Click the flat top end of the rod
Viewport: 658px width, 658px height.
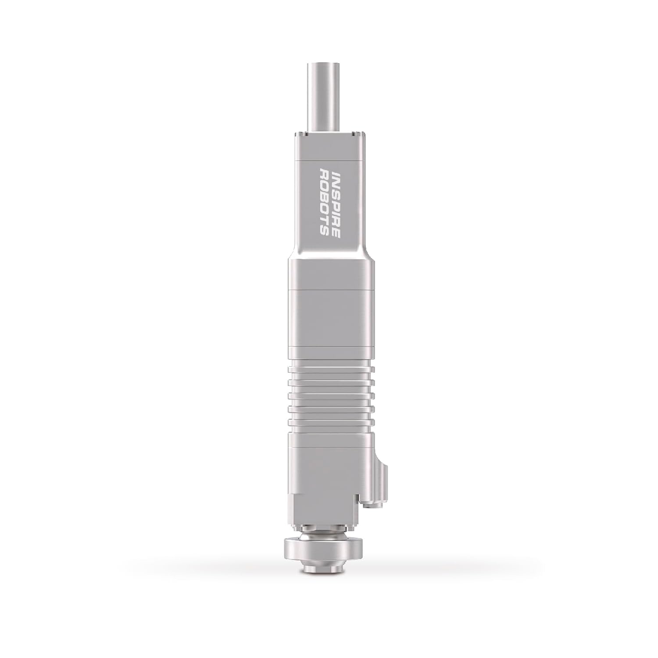click(325, 65)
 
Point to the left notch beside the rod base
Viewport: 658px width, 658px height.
click(303, 132)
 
